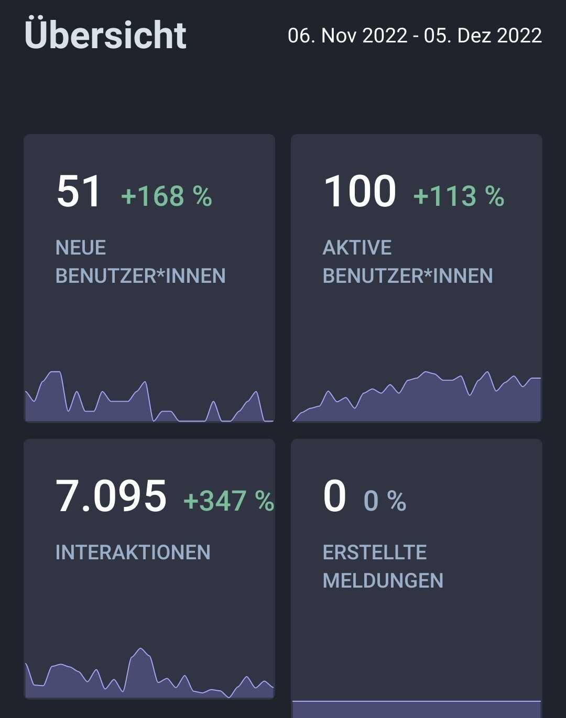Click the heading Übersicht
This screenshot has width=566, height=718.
105,35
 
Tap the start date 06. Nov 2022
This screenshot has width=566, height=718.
347,36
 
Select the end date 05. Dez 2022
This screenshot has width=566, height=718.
483,36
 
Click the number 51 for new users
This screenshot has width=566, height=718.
79,191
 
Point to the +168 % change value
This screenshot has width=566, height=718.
166,196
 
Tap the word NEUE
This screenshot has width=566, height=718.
81,248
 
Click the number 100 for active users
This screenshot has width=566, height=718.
360,191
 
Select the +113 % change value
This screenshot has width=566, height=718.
459,196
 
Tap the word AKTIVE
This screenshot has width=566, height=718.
357,248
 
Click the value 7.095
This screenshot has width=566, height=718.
111,496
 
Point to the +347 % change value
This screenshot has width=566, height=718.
228,501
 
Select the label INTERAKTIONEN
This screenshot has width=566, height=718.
133,553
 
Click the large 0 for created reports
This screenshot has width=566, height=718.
334,496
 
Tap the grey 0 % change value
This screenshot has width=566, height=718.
385,501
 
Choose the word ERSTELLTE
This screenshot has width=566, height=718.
375,553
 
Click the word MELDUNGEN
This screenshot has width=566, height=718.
383,581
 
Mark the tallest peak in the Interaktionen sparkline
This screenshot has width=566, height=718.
140,649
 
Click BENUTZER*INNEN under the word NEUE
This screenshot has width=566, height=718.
140,276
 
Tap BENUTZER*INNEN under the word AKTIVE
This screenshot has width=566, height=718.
408,276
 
